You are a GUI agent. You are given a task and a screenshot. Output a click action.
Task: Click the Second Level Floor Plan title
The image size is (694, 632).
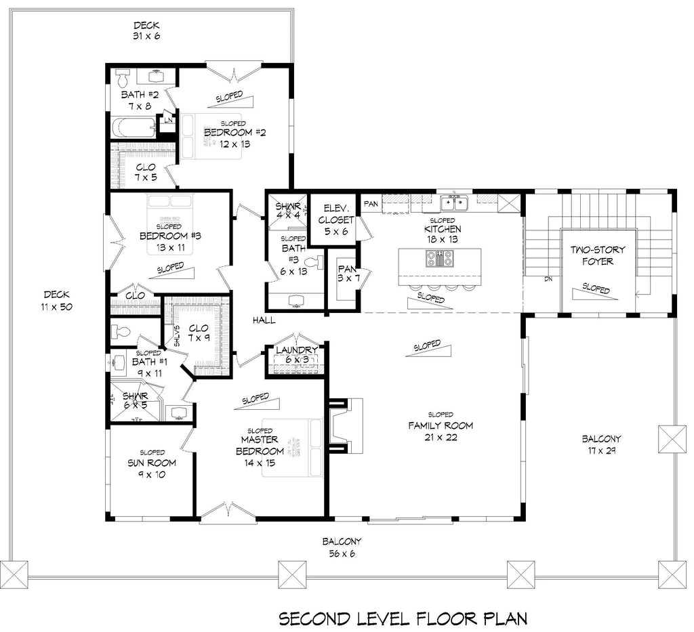pyautogui.click(x=403, y=618)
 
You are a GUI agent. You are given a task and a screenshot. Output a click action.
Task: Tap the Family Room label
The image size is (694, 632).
pyautogui.click(x=440, y=425)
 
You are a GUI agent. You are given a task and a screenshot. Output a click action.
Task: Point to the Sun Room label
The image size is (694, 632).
pyautogui.click(x=152, y=468)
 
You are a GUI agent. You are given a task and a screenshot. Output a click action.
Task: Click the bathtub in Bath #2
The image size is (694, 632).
pyautogui.click(x=134, y=127)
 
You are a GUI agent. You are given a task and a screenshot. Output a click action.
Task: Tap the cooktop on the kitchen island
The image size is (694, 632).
pyautogui.click(x=439, y=258)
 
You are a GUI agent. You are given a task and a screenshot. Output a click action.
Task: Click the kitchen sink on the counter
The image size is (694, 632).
pyautogui.click(x=453, y=201)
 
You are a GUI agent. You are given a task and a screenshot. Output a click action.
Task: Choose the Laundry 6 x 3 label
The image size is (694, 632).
pyautogui.click(x=292, y=354)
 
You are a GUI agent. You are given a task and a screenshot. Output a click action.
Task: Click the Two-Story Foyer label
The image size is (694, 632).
pyautogui.click(x=597, y=255)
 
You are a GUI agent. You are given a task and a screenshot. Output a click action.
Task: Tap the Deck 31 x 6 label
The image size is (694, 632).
pyautogui.click(x=146, y=30)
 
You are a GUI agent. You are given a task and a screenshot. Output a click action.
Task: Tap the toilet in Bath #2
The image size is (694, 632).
pyautogui.click(x=123, y=74)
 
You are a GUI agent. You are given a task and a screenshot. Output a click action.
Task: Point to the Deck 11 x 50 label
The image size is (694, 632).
pyautogui.click(x=58, y=300)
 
